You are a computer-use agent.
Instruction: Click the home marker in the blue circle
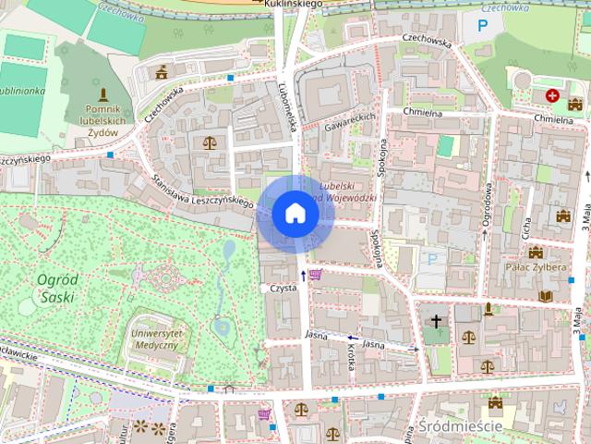click(x=295, y=214)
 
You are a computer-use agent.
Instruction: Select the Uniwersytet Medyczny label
click(x=154, y=339)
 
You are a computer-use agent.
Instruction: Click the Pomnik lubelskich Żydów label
click(x=103, y=119)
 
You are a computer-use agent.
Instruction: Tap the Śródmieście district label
click(x=459, y=426)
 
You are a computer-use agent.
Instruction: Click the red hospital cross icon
click(x=553, y=95)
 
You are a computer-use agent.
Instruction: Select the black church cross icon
click(x=437, y=322)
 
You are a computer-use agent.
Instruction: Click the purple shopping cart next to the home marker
click(x=316, y=275)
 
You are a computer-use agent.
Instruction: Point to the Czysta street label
click(x=283, y=289)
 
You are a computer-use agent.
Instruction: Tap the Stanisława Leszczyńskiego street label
click(x=202, y=188)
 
